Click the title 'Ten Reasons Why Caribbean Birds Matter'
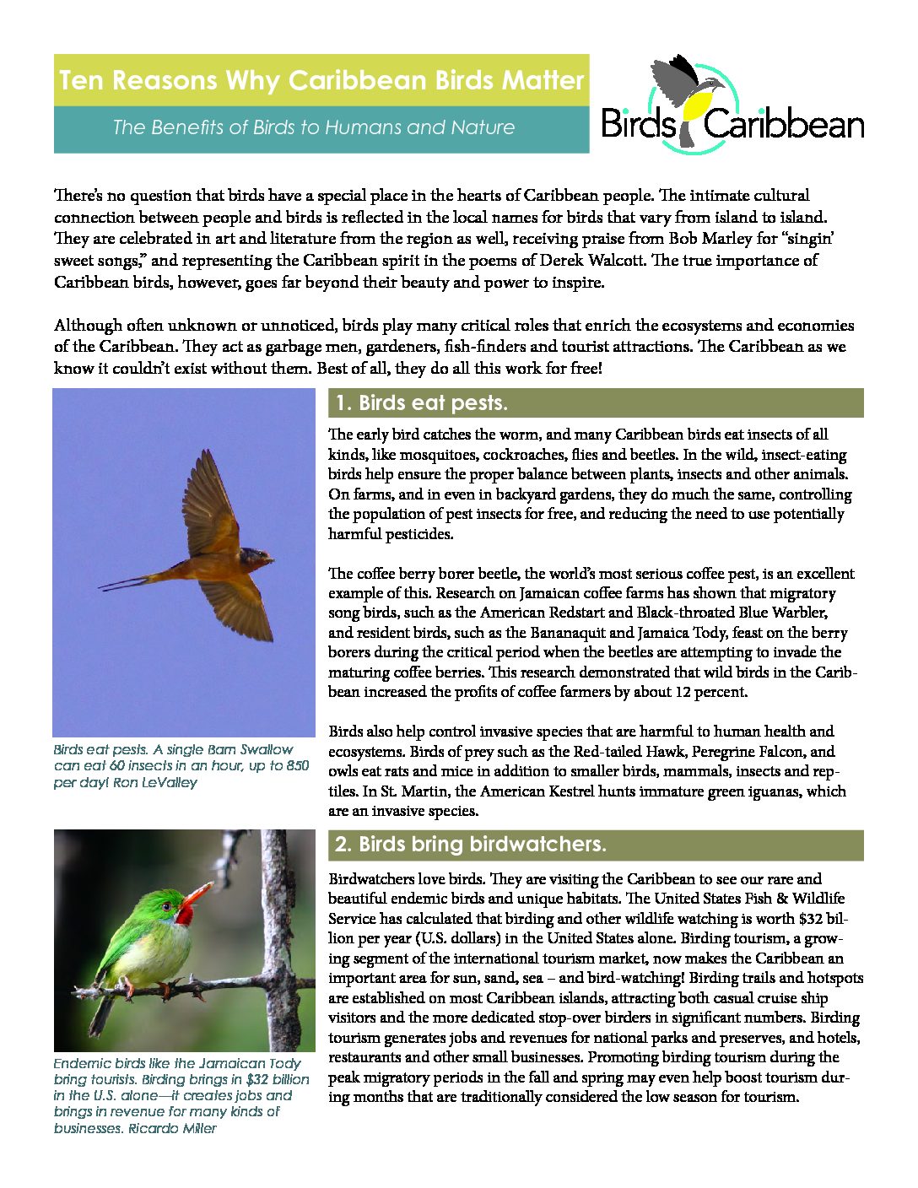[x=321, y=81]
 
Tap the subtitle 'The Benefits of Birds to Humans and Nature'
[x=313, y=127]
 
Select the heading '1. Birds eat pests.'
[x=421, y=403]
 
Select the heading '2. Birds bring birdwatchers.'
[x=470, y=845]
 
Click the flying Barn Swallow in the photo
[x=211, y=556]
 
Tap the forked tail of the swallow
[x=127, y=581]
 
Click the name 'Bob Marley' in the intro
[x=709, y=239]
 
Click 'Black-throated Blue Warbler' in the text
[x=732, y=613]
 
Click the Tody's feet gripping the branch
[x=127, y=985]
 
